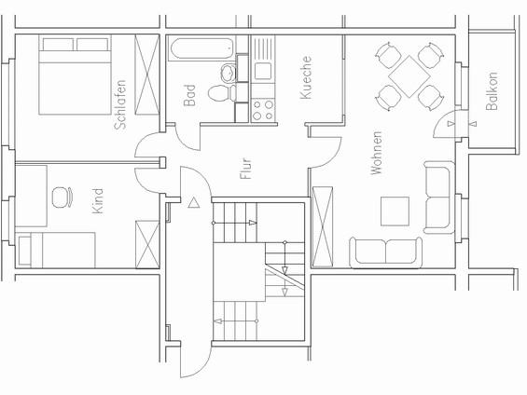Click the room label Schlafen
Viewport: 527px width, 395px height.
tap(119, 110)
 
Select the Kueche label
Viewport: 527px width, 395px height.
tap(306, 78)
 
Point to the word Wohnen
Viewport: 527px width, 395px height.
tap(377, 153)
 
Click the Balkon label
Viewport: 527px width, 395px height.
tap(492, 92)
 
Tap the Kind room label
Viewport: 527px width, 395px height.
tap(100, 202)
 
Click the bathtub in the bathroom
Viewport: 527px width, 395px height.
tap(200, 50)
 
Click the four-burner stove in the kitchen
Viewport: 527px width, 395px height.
tap(263, 110)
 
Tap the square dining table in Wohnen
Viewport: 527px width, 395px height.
tap(409, 74)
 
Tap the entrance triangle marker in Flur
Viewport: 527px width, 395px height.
tap(194, 201)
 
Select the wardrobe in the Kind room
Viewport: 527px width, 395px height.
tap(147, 243)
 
